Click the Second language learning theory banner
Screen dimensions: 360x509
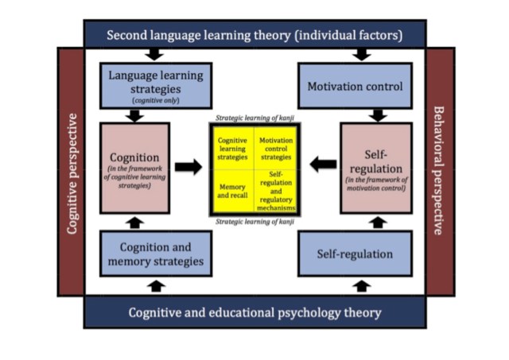click(x=254, y=35)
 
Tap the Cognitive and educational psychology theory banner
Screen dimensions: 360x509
click(x=254, y=312)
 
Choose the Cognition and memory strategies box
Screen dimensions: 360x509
click(x=156, y=254)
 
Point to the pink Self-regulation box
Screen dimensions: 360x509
click(x=377, y=168)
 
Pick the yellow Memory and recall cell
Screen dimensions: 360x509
click(x=232, y=191)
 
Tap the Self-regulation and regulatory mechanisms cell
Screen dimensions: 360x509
click(x=277, y=191)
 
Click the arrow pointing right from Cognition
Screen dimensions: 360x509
click(x=188, y=167)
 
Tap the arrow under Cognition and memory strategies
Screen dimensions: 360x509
click(x=157, y=285)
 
